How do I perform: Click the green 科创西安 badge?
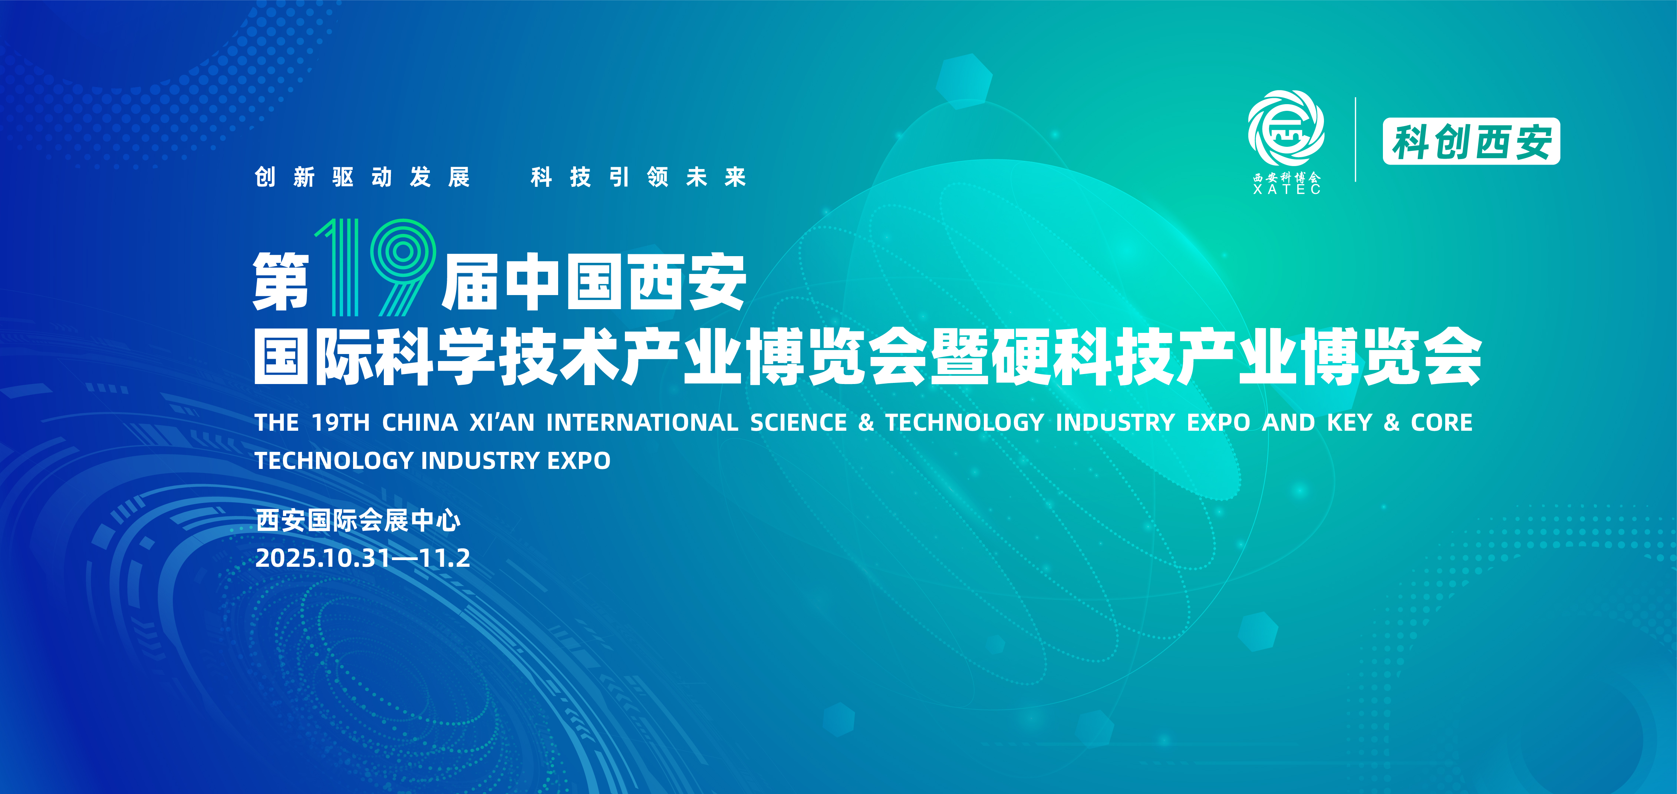(1471, 141)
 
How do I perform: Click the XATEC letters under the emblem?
(1286, 189)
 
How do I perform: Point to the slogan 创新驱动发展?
(362, 177)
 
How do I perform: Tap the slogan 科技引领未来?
(638, 177)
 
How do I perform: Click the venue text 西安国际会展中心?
(358, 520)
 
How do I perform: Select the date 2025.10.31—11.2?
(363, 558)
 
